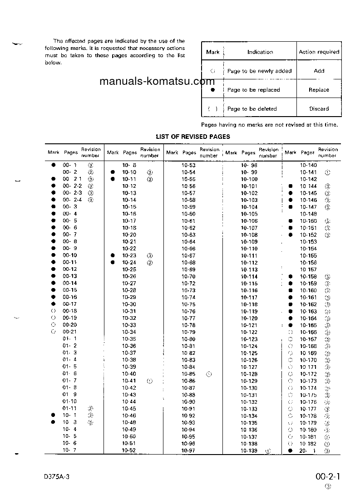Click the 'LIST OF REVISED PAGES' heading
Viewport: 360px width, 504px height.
pos(193,137)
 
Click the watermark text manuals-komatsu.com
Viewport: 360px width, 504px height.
pos(156,82)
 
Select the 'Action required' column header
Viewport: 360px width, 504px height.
pos(319,52)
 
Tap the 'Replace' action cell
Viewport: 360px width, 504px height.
pos(319,90)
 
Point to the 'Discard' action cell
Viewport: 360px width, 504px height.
pos(319,109)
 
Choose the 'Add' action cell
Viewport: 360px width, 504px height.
pos(319,71)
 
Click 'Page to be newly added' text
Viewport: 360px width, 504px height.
pos(259,71)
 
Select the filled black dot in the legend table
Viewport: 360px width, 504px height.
pos(212,90)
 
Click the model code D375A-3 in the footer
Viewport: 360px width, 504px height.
pos(57,477)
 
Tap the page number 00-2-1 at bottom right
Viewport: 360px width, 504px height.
pos(328,476)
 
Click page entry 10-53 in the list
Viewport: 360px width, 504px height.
pos(188,166)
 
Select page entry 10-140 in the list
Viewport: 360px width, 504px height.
pos(308,166)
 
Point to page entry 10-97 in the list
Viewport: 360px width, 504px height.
pos(188,450)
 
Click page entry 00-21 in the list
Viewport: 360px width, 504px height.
pos(70,332)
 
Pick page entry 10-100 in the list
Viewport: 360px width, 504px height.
pos(249,180)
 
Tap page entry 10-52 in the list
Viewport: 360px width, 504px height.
pos(129,450)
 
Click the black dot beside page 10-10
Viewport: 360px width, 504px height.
pos(113,172)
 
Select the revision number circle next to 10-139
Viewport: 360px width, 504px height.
pos(268,451)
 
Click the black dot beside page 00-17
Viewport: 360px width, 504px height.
pos(53,304)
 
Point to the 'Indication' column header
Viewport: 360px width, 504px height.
pos(260,52)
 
